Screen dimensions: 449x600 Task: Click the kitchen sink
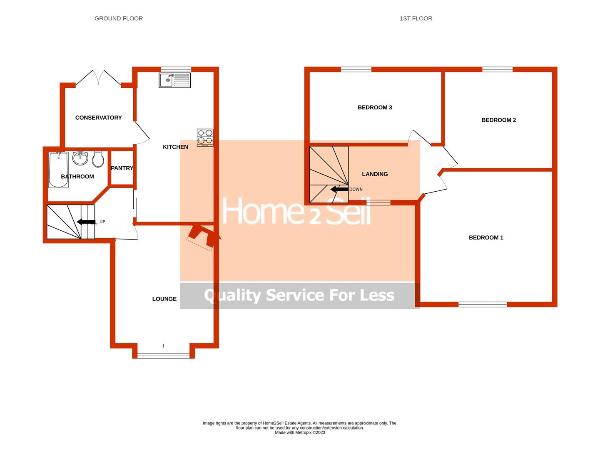(174, 80)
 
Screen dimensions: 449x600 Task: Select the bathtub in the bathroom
(58, 170)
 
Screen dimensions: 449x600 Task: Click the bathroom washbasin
(80, 158)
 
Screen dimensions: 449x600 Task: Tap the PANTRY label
(122, 168)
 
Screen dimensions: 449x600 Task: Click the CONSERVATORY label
(98, 118)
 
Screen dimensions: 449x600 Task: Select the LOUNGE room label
(164, 299)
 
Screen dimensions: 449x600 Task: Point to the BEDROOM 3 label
(375, 108)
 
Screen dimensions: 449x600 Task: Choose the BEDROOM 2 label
(498, 120)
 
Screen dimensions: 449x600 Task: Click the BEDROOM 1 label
(486, 238)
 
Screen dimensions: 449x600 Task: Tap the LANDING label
(375, 174)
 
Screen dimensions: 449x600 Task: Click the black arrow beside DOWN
(339, 189)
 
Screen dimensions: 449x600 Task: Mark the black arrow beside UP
(87, 222)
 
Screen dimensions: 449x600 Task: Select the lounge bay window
(163, 355)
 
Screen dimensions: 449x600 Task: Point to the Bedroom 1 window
(483, 305)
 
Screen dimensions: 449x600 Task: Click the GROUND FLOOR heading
(119, 18)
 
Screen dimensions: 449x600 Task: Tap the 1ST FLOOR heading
(416, 18)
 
